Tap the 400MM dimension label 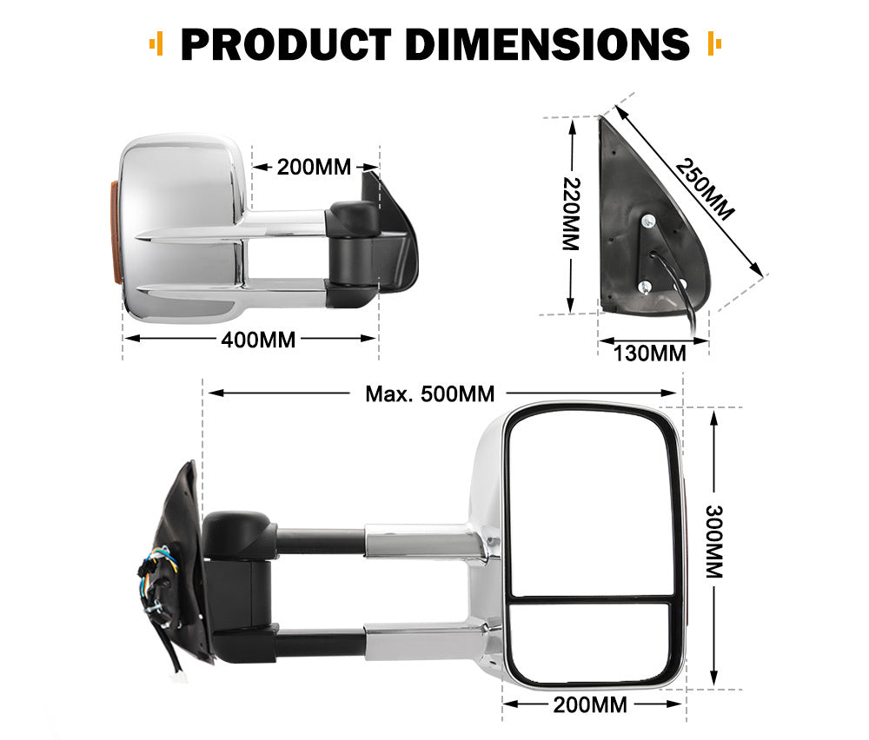tap(258, 340)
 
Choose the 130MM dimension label tap(650, 353)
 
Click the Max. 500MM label tap(429, 393)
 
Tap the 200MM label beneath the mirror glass tap(590, 704)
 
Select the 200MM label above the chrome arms tap(315, 167)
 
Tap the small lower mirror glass tap(591, 641)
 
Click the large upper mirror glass tap(591, 504)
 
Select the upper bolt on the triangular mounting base tap(647, 222)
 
